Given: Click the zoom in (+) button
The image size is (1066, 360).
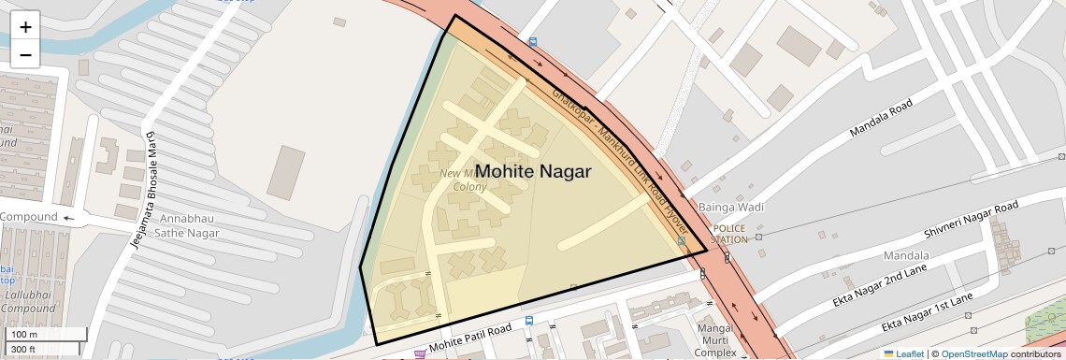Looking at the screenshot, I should [x=25, y=27].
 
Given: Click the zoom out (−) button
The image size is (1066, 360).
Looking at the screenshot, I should [x=25, y=55].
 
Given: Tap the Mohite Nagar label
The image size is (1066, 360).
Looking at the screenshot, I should [x=533, y=172].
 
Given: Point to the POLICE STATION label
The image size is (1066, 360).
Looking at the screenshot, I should [x=729, y=233].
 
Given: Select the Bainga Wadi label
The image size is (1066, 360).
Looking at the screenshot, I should [x=731, y=207].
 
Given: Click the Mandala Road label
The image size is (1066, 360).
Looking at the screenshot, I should [x=880, y=120].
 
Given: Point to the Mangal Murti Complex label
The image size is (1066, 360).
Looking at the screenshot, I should [x=715, y=340].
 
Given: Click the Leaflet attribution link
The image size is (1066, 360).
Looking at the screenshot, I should [x=903, y=353].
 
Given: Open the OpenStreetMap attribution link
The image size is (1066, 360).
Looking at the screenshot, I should [x=973, y=353].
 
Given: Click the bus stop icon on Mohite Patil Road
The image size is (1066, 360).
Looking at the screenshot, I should [x=529, y=321].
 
